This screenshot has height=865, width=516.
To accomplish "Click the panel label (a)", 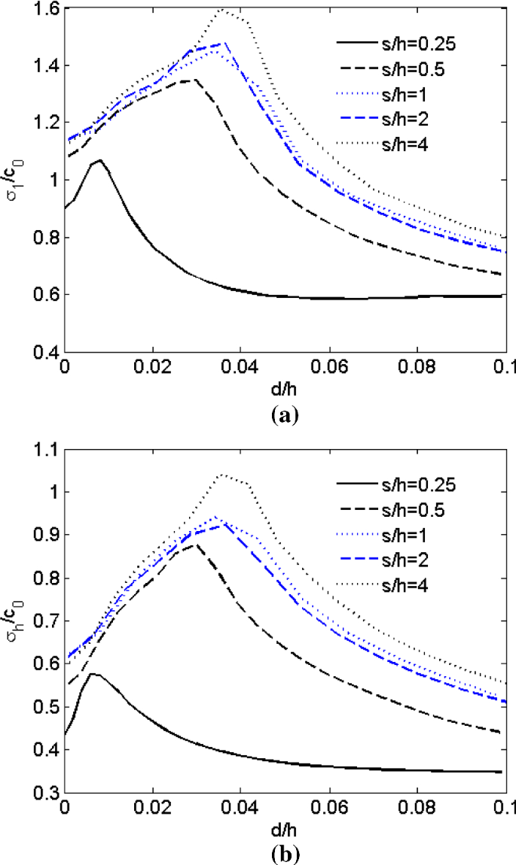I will (x=285, y=414).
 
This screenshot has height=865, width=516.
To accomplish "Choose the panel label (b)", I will (x=285, y=854).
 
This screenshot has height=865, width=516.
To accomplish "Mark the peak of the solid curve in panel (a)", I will (x=99, y=159).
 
